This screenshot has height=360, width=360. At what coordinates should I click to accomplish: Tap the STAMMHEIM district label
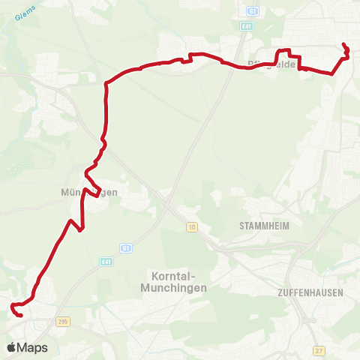pyautogui.click(x=263, y=225)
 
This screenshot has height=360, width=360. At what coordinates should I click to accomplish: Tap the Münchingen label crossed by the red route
pyautogui.click(x=89, y=192)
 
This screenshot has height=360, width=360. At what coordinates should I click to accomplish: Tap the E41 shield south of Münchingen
pyautogui.click(x=108, y=260)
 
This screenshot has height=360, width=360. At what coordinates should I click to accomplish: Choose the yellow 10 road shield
pyautogui.click(x=192, y=226)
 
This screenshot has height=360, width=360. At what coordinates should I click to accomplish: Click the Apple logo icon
pyautogui.click(x=11, y=347)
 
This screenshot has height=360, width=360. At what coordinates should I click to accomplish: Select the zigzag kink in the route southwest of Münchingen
pyautogui.click(x=76, y=223)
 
